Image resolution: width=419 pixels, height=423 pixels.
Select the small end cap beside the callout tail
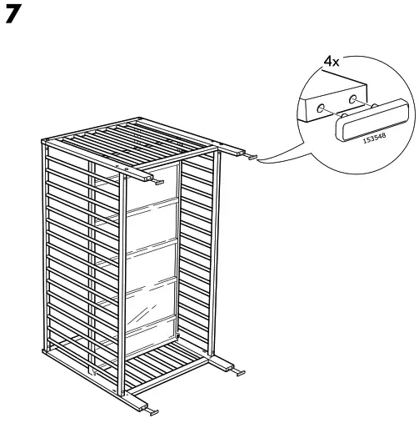click(x=251, y=157)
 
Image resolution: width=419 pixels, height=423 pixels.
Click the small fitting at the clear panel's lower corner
click(x=178, y=336)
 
